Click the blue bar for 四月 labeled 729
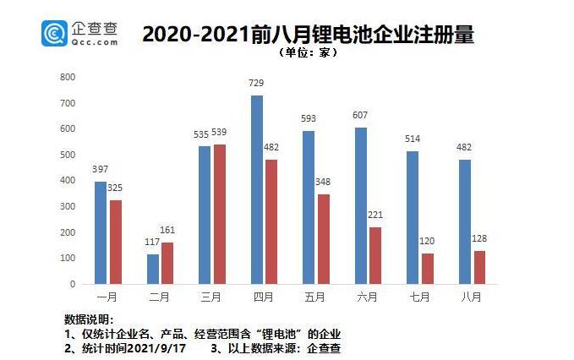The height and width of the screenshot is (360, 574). point(257,189)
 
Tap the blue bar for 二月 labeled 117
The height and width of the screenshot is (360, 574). point(153,269)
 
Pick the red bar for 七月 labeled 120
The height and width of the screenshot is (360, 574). point(427,268)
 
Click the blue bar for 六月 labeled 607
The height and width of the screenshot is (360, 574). point(361,205)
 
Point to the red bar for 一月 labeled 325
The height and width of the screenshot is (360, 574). point(115,242)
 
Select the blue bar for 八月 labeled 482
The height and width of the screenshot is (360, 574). point(465,221)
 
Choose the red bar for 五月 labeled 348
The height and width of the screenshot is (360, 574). point(323,238)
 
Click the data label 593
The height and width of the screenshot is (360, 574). point(309,119)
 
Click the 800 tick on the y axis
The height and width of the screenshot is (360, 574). point(68,77)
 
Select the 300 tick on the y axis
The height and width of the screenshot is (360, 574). point(68,206)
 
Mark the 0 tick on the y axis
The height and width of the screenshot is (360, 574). point(74,284)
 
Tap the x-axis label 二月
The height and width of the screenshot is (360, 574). point(160,297)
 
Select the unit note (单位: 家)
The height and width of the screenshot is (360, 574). point(307,52)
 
